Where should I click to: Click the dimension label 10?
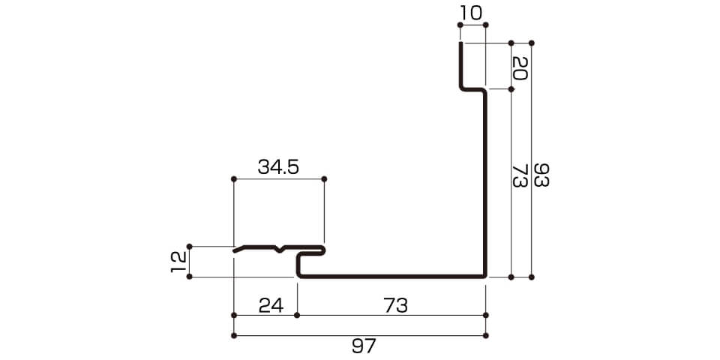(x=472, y=13)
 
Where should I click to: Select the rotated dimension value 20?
(x=519, y=68)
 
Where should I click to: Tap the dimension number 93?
(x=541, y=175)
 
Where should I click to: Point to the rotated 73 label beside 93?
(x=519, y=175)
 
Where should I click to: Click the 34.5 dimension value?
(x=278, y=167)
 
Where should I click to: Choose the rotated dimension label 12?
(x=178, y=262)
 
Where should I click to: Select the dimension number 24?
(x=271, y=305)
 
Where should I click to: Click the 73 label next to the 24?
(x=395, y=305)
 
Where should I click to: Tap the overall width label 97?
(x=364, y=346)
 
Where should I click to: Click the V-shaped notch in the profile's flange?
(x=281, y=250)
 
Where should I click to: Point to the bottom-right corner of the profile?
(x=485, y=277)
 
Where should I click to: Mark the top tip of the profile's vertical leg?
(x=460, y=43)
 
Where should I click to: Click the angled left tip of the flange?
(x=235, y=251)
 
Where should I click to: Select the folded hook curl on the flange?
(x=322, y=250)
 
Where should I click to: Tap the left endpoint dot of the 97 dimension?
(x=234, y=336)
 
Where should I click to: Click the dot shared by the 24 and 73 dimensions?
(x=297, y=315)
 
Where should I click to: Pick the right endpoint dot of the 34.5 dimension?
(x=324, y=178)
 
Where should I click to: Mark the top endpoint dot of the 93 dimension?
(x=532, y=43)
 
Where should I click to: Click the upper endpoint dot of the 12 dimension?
(x=189, y=247)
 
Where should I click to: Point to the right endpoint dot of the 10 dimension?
(x=486, y=24)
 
